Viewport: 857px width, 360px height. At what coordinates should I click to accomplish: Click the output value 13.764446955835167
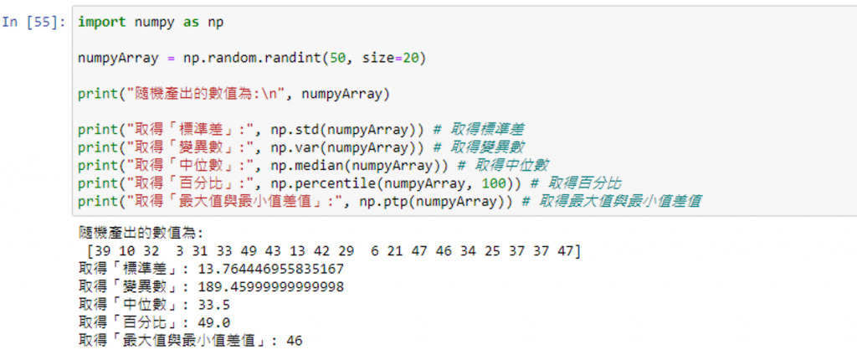point(268,269)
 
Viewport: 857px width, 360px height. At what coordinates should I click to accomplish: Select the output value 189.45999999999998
point(268,287)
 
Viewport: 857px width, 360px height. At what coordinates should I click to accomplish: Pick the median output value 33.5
point(214,305)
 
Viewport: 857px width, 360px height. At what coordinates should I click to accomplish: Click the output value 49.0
point(214,323)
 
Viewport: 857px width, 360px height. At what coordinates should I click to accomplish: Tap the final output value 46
point(294,341)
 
